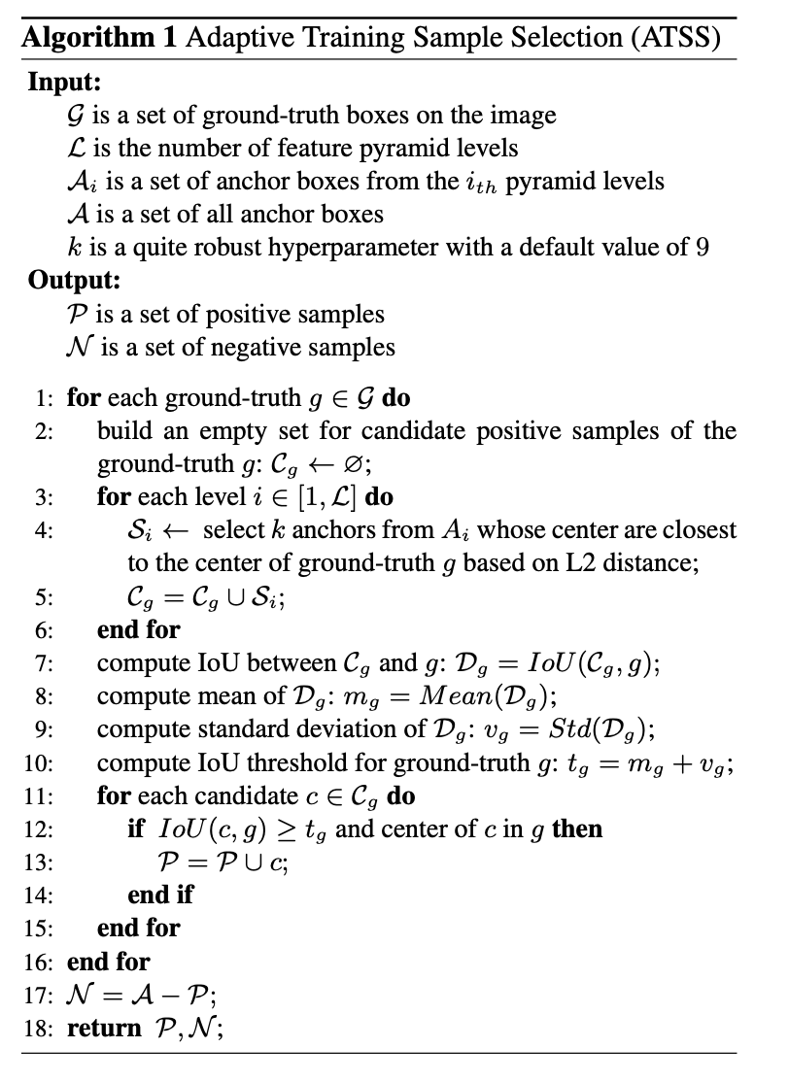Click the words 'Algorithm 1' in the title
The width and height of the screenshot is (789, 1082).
click(x=98, y=38)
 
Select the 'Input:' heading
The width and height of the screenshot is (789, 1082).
click(x=64, y=82)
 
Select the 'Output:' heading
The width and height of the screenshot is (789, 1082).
click(x=73, y=281)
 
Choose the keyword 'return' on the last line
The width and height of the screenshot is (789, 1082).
click(x=104, y=1028)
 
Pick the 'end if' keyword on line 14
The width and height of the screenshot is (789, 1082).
click(x=160, y=895)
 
